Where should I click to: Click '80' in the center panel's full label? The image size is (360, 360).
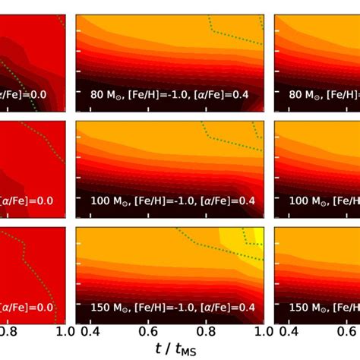click(x=95, y=96)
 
